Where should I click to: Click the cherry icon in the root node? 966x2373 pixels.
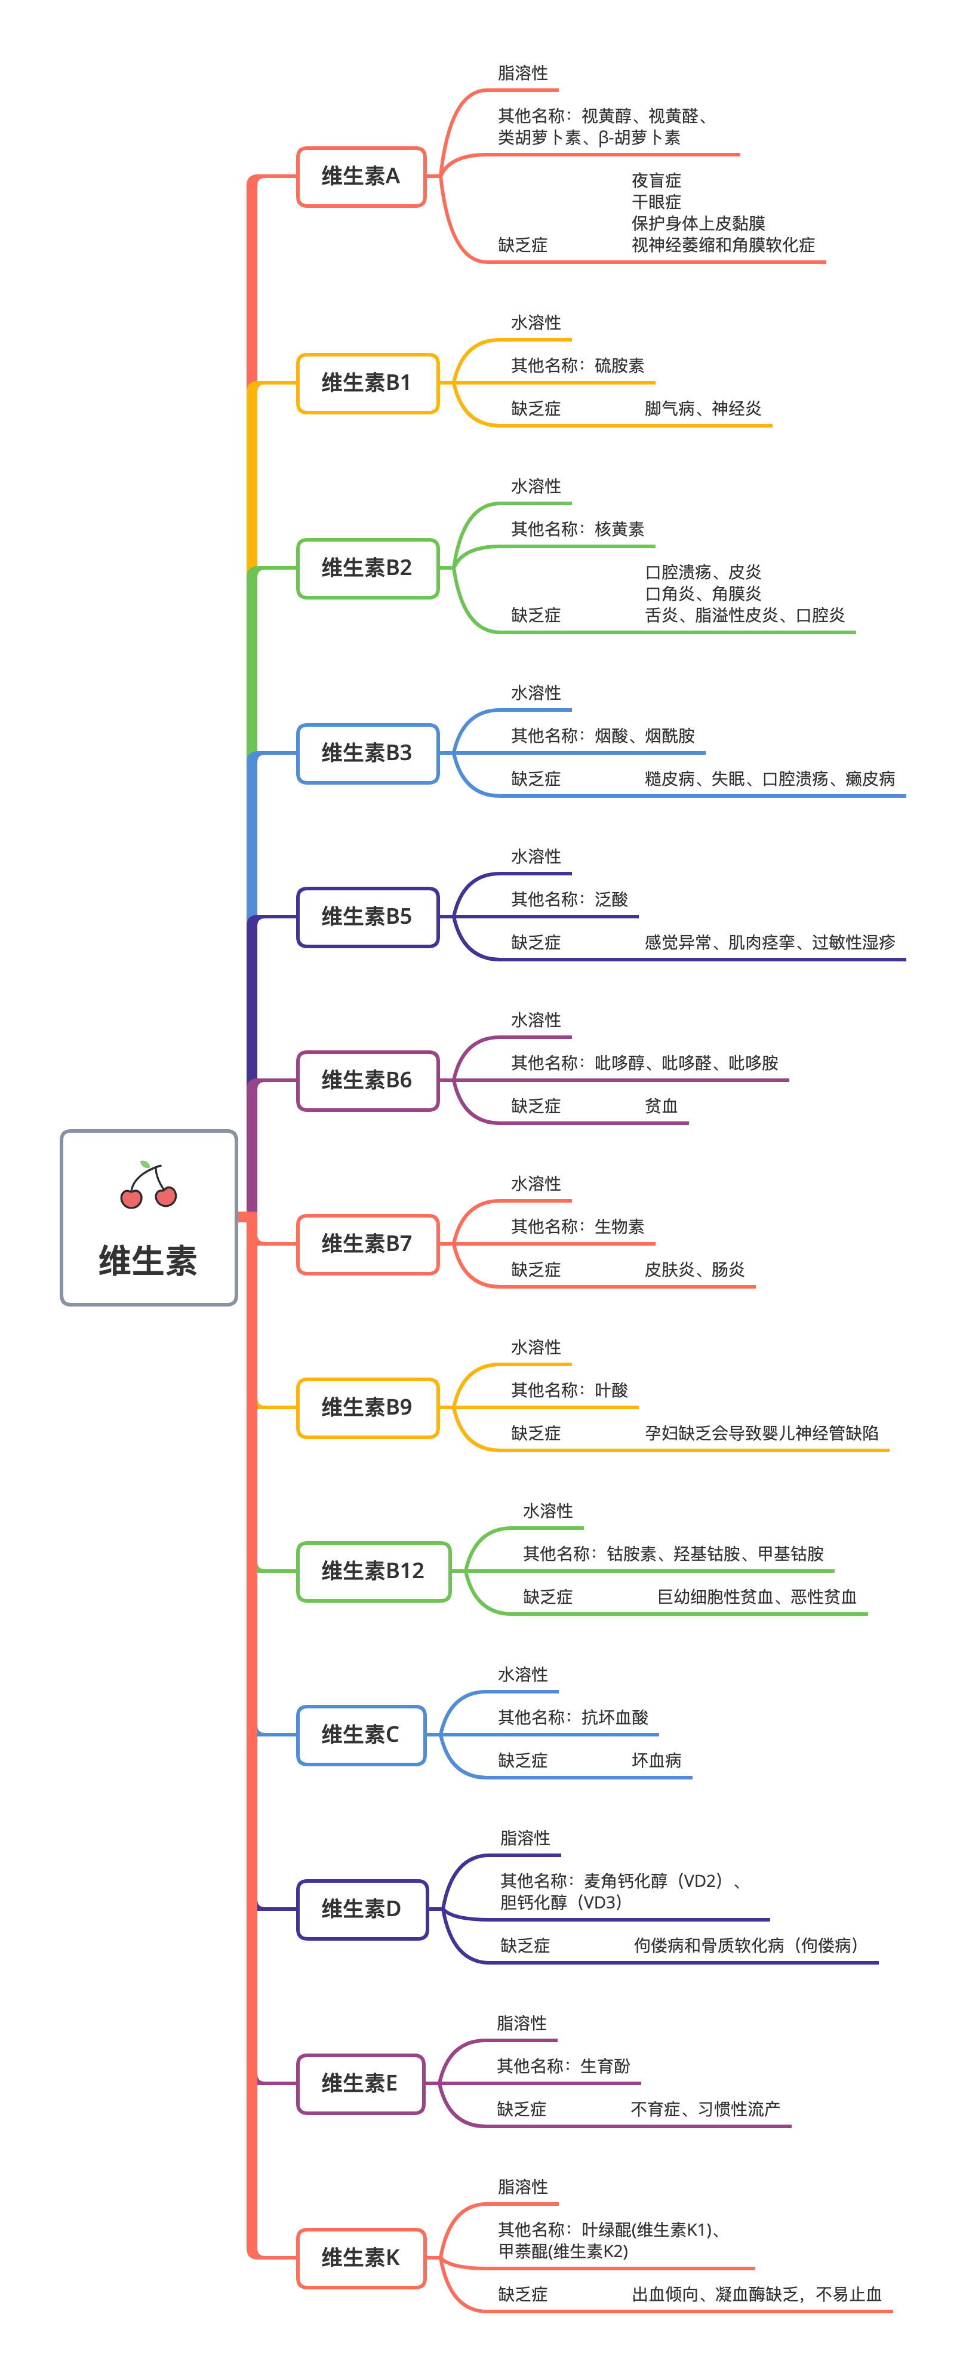(x=148, y=1185)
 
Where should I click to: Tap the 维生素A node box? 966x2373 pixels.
(x=361, y=176)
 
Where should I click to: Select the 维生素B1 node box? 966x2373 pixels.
(x=367, y=382)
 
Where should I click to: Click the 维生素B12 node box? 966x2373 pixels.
(x=373, y=1570)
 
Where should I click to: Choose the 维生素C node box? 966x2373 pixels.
(x=361, y=1735)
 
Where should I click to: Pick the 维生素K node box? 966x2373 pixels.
(x=361, y=2258)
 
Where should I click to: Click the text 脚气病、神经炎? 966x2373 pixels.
(x=703, y=408)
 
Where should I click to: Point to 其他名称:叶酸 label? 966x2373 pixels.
(x=569, y=1390)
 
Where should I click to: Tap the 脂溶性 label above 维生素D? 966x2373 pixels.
(x=525, y=1838)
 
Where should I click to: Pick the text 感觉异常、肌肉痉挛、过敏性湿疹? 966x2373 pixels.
(x=769, y=942)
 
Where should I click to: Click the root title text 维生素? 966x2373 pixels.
(x=148, y=1260)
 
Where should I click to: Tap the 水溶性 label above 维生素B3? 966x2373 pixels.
(x=536, y=693)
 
